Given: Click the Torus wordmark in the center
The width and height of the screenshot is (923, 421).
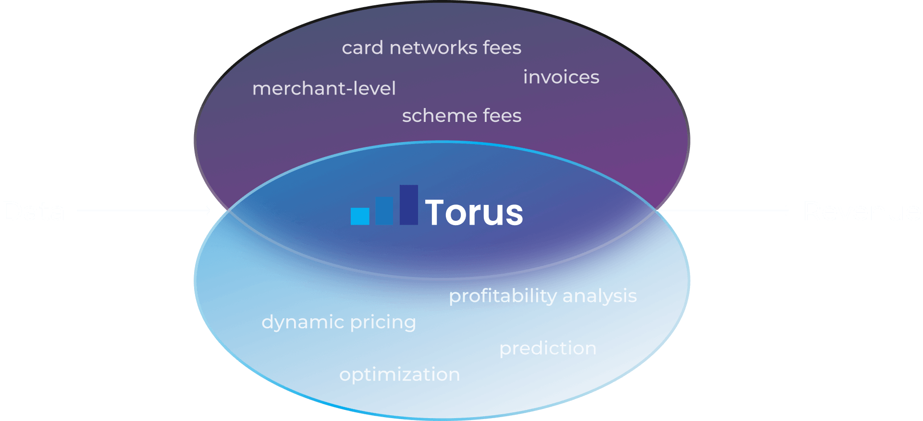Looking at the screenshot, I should click(474, 212).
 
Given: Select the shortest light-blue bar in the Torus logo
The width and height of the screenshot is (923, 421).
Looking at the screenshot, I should click(360, 216).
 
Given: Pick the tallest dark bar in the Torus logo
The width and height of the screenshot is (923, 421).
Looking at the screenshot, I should click(408, 205).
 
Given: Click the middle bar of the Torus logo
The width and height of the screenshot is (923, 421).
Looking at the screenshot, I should click(384, 211).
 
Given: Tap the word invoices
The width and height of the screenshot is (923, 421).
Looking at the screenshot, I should click(561, 77).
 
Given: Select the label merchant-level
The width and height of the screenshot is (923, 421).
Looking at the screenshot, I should click(324, 88).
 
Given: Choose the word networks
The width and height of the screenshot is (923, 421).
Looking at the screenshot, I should click(433, 48).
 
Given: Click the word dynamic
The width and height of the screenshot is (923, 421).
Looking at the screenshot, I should click(303, 322).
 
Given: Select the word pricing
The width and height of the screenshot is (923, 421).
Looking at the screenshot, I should click(383, 322).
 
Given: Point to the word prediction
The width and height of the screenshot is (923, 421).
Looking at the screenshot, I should click(548, 349).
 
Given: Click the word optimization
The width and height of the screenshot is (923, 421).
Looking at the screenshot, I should click(399, 375).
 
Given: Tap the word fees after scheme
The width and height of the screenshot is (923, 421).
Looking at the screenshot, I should click(502, 116).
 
